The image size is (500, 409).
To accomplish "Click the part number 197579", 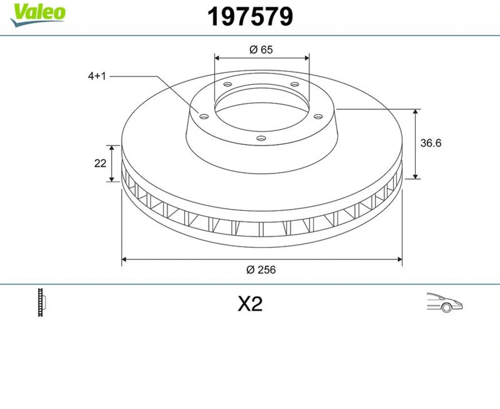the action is point(250,17).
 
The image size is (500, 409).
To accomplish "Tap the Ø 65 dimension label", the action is point(261,50).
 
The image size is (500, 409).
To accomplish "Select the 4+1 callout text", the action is point(97,76).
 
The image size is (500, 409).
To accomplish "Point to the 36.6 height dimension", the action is point(431,143).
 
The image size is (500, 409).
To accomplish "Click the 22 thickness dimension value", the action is point(100,163).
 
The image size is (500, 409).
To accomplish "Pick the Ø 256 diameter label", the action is point(261,270).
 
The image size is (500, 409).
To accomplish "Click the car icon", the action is point(445,303).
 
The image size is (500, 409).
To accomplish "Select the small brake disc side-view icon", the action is point(41,303).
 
